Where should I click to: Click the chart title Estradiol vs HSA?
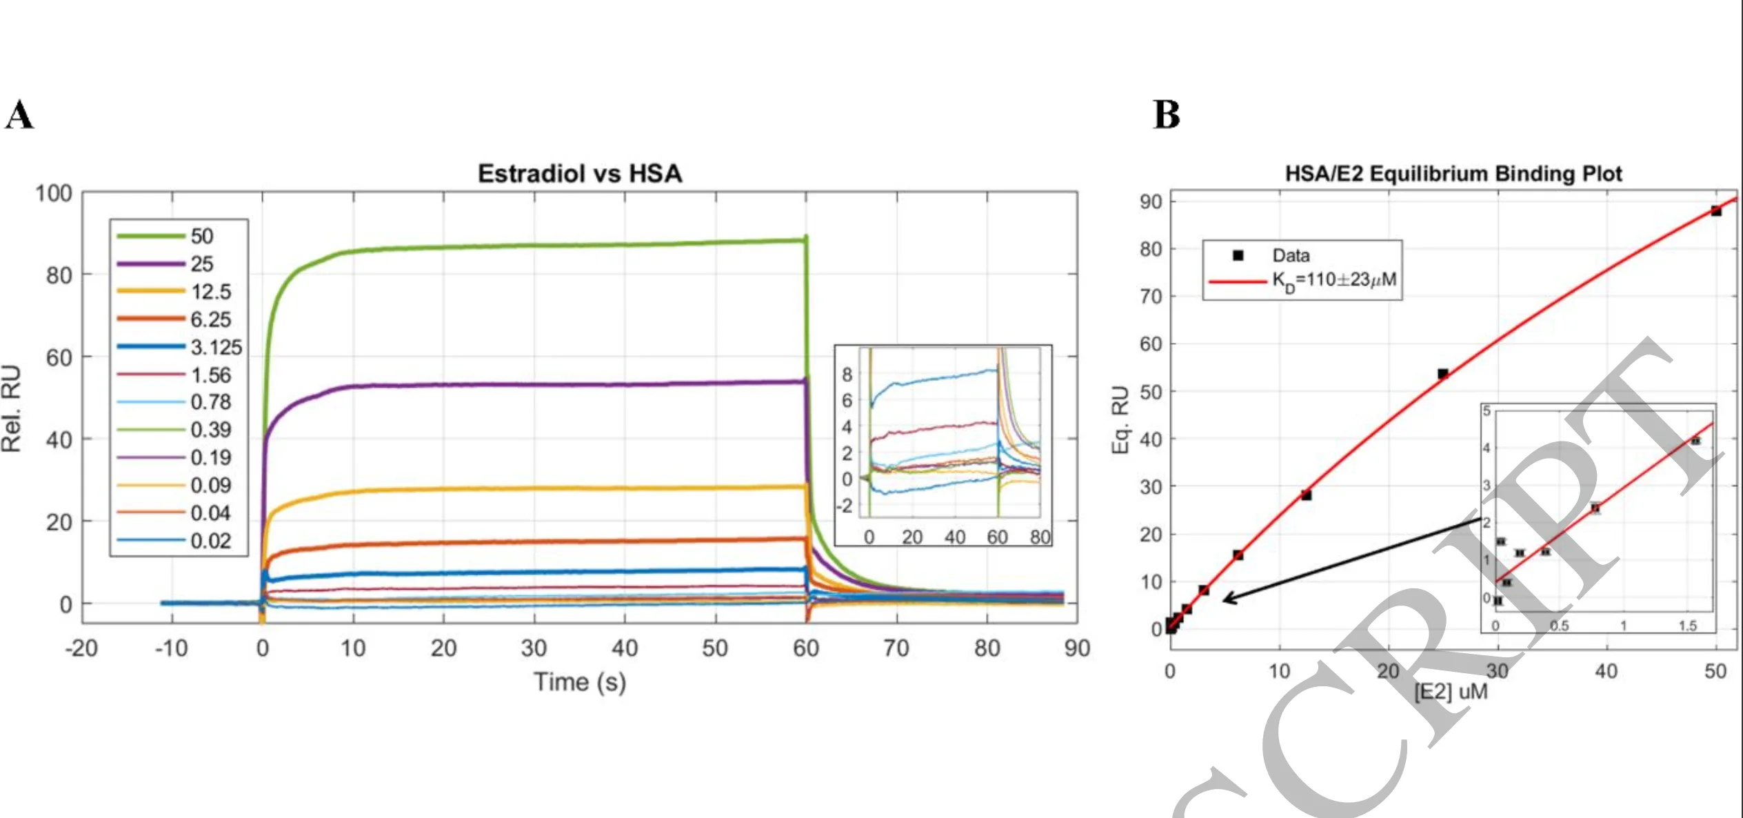pos(580,173)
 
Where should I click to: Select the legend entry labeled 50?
pos(201,236)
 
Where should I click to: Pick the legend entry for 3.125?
pos(216,347)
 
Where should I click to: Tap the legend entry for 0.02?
pos(210,541)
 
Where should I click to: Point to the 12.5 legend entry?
pos(210,292)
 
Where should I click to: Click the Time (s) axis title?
pos(580,681)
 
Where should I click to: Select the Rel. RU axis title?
pos(12,408)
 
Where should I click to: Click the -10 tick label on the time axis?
pos(171,648)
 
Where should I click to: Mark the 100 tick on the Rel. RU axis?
pos(54,193)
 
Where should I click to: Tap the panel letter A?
pos(19,114)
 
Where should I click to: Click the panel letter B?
pos(1167,114)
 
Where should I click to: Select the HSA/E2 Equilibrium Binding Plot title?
pos(1453,173)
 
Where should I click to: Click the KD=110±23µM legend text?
pos(1334,280)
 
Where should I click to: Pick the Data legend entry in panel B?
pos(1291,255)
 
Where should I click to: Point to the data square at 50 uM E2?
pos(1716,211)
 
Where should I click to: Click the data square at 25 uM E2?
pos(1442,374)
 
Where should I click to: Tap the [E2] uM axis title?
pos(1451,691)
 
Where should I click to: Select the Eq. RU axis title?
pos(1121,419)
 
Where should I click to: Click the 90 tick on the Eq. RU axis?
pos(1151,202)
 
